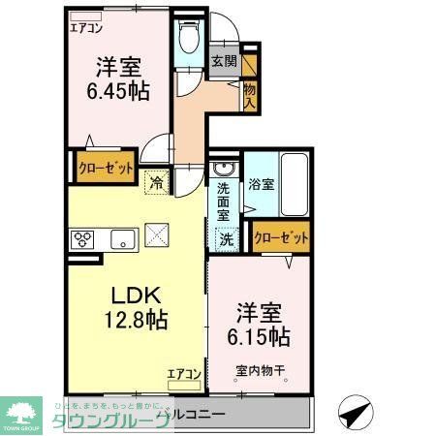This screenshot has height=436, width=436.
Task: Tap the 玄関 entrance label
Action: (x=224, y=61)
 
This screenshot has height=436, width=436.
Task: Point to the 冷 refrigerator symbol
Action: (x=155, y=180)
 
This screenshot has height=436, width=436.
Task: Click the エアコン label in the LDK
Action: (x=183, y=374)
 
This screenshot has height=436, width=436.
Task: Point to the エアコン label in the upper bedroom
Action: (x=86, y=28)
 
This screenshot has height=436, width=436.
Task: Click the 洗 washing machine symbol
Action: (x=225, y=237)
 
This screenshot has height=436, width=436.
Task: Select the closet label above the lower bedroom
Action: (x=281, y=236)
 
